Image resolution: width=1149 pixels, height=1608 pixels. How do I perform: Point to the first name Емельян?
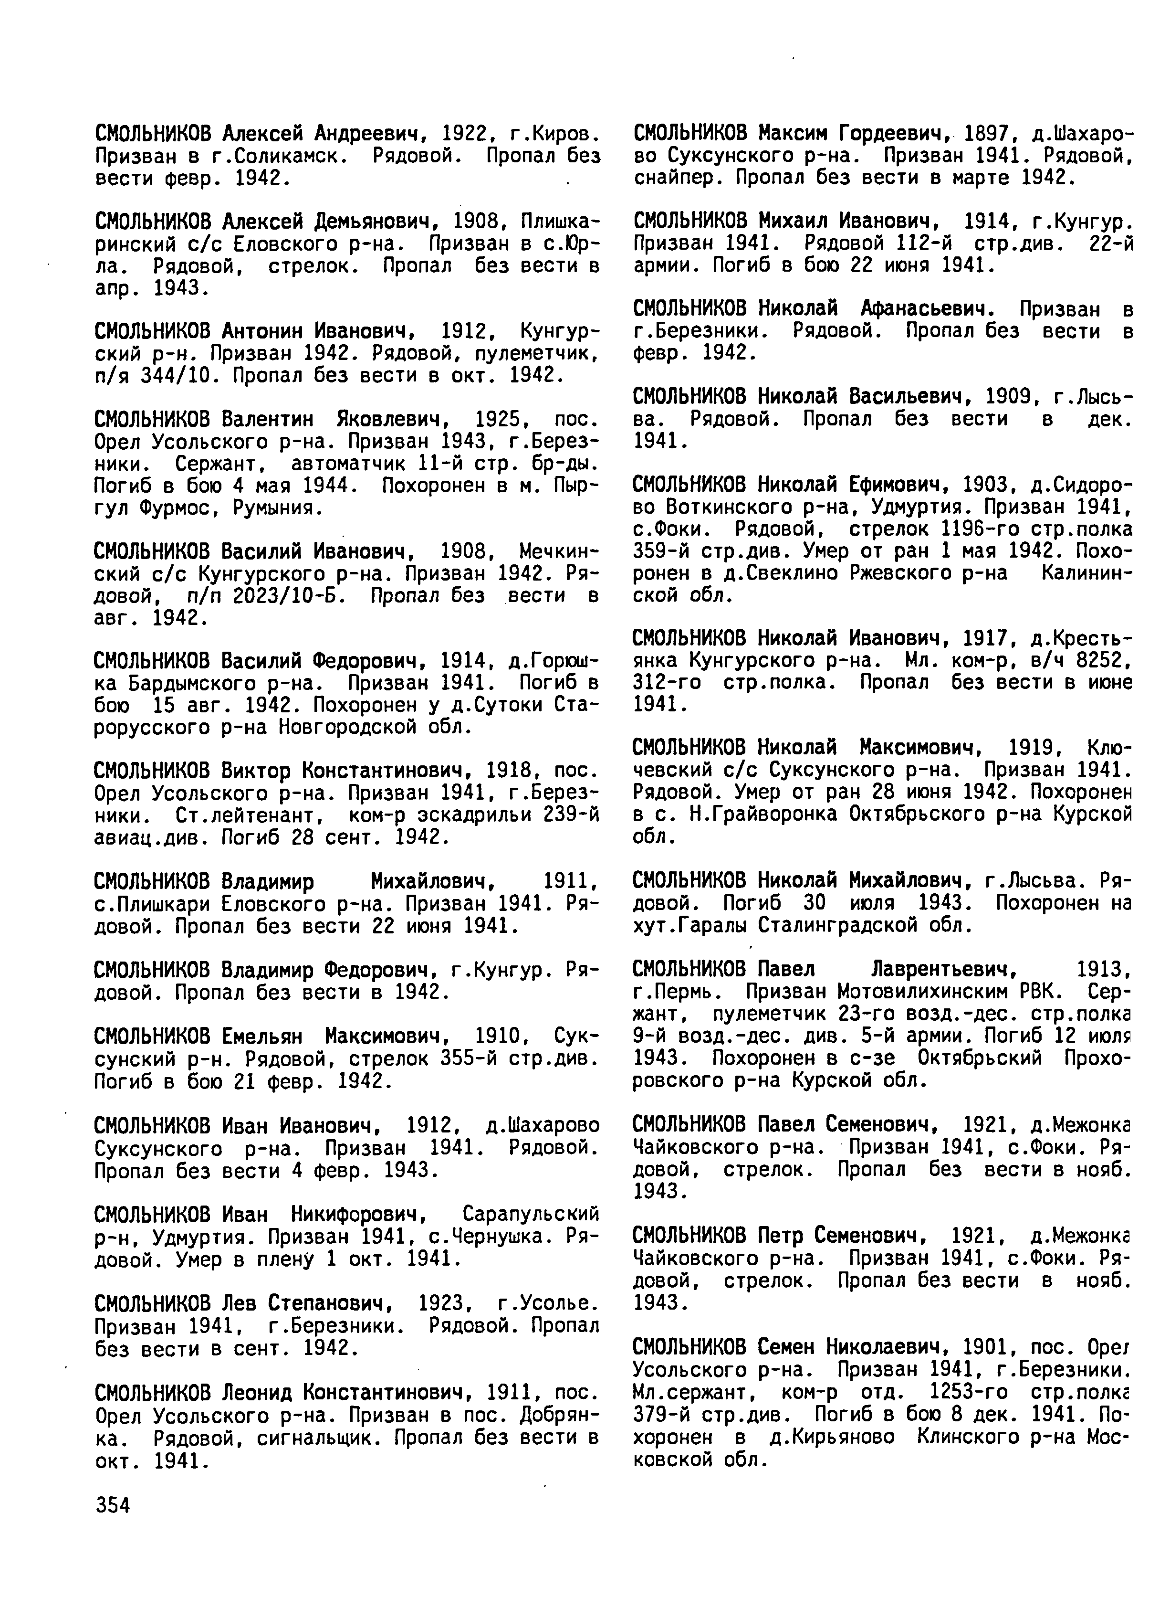pyautogui.click(x=267, y=1037)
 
